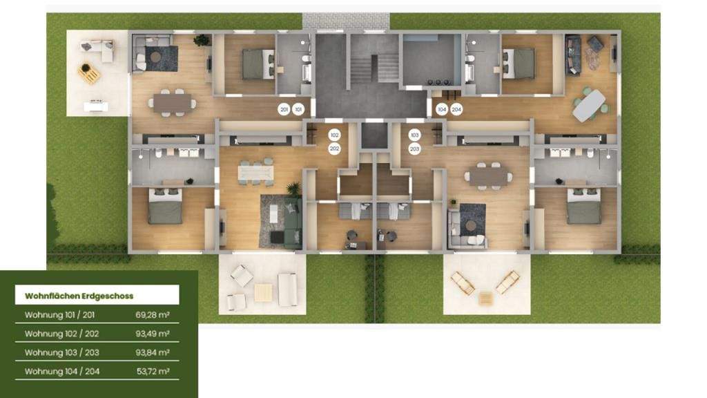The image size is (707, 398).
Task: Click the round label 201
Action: tap(284, 109)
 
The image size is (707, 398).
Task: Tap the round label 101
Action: tap(298, 109)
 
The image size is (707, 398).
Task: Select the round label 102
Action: tap(334, 135)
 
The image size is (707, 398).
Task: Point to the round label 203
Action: tap(414, 149)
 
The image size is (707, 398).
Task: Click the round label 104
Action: tap(442, 109)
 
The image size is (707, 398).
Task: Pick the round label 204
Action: tap(456, 109)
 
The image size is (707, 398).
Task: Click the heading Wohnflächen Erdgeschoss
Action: tap(79, 296)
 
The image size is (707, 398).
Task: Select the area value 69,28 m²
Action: tap(153, 315)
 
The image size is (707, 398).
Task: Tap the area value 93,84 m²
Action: tap(153, 352)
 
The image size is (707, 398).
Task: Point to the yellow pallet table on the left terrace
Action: tap(89, 73)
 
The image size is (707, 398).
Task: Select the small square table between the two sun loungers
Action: tap(486, 298)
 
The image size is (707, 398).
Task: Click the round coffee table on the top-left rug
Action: tap(156, 57)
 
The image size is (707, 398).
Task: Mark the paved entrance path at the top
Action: tap(346, 21)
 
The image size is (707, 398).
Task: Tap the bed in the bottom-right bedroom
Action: tap(583, 207)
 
